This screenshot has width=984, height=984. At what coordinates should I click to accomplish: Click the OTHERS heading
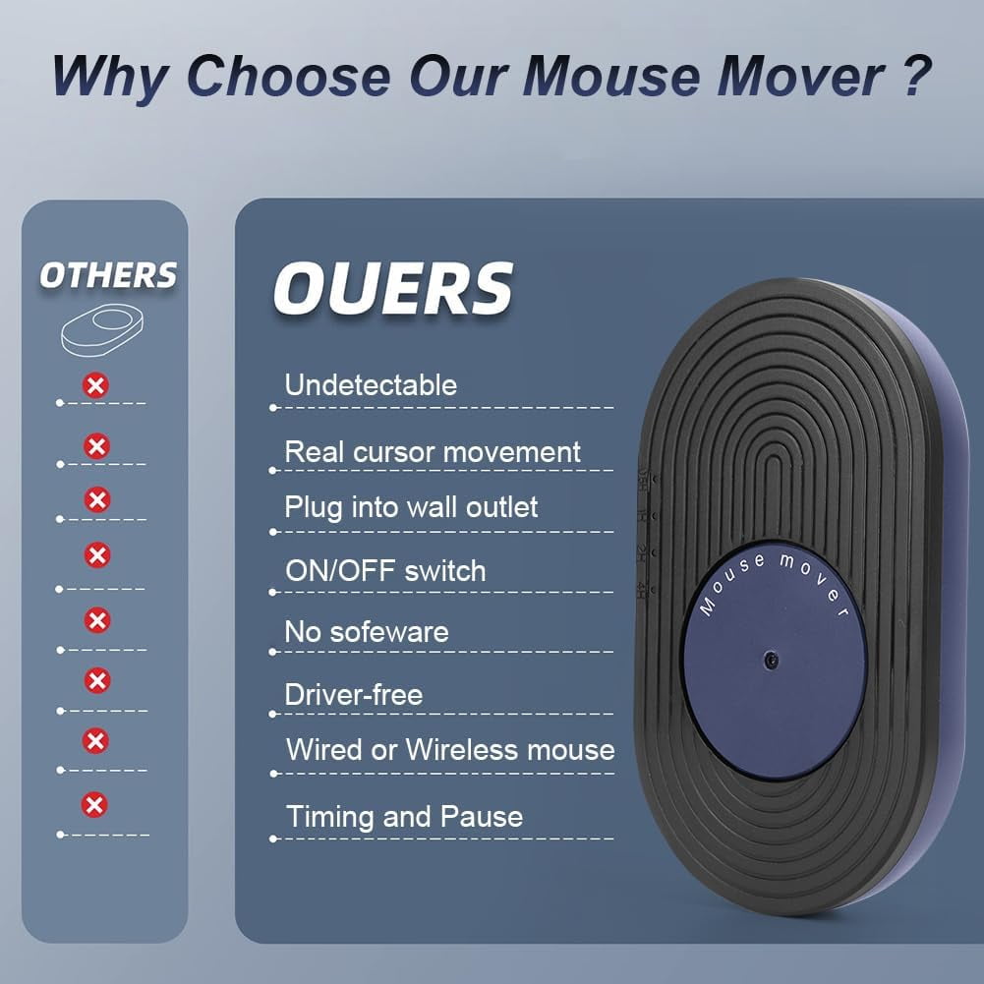click(108, 275)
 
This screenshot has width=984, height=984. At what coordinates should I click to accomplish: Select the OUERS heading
click(392, 288)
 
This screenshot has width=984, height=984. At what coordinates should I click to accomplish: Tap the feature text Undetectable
click(371, 384)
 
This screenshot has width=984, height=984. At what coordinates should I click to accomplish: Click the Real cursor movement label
click(433, 452)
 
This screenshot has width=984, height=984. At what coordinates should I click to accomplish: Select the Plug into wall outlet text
click(411, 507)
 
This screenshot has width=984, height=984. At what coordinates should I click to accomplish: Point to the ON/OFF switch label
click(385, 570)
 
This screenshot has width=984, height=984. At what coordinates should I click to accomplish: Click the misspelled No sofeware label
click(367, 631)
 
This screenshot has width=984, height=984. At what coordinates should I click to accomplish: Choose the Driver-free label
click(354, 695)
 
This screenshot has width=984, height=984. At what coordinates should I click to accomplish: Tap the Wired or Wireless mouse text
click(450, 750)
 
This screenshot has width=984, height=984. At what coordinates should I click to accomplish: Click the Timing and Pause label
click(404, 817)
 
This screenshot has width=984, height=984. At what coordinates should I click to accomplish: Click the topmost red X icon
click(95, 384)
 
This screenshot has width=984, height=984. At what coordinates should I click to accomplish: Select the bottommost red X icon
click(95, 806)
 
